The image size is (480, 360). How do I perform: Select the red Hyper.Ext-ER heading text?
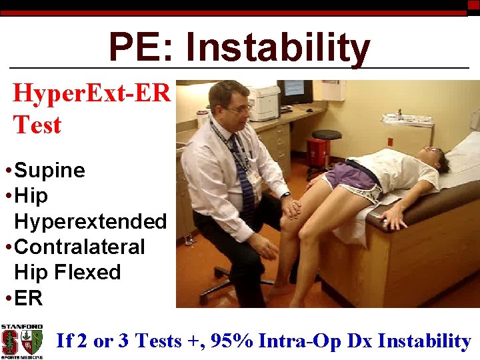(92, 94)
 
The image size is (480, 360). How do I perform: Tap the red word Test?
(37, 125)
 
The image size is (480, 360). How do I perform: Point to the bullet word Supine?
(49, 171)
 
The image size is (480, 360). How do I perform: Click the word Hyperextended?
(90, 221)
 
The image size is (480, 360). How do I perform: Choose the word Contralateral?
(79, 247)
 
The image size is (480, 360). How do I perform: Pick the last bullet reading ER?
(28, 298)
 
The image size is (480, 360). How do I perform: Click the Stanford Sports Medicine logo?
(21, 341)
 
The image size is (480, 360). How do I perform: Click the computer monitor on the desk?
(295, 91)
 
